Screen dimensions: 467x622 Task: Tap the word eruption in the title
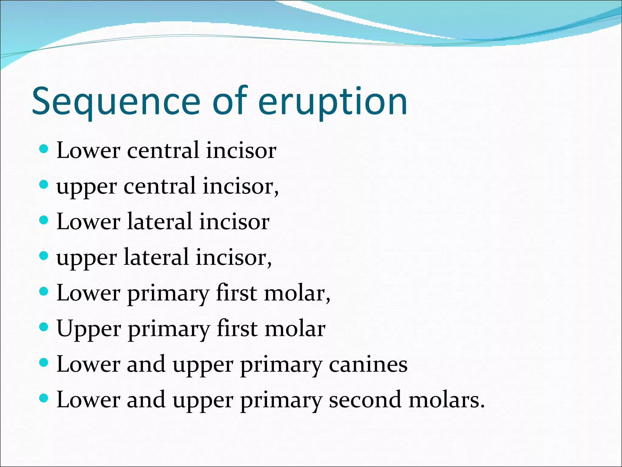332,102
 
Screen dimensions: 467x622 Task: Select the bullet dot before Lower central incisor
44,149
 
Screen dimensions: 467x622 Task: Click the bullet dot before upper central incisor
44,185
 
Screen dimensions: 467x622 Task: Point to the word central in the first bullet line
163,150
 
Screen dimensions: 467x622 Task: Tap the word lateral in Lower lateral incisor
160,221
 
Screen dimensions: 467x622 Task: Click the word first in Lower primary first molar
237,293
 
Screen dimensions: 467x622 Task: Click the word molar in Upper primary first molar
295,328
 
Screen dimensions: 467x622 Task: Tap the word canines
368,364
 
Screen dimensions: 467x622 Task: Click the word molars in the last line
446,400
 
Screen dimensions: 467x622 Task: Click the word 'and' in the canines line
146,364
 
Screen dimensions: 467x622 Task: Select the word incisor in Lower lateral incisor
234,221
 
